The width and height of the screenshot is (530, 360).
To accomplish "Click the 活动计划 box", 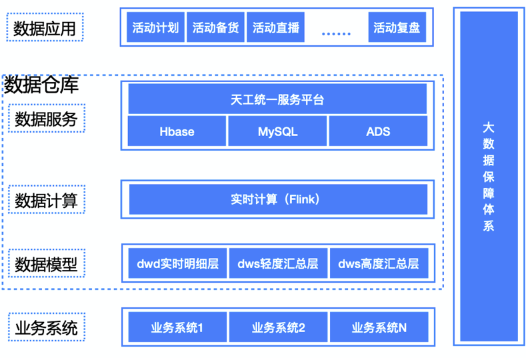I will [155, 28].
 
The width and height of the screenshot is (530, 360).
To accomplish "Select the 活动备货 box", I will [215, 28].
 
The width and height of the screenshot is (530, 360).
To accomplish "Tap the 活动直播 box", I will [275, 28].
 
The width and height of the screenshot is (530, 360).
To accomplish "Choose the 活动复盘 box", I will [396, 28].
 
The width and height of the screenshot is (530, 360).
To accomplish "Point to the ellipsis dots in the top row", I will [335, 31].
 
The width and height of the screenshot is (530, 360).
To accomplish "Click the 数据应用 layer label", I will [45, 29].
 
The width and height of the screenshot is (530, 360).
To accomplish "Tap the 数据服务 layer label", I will [47, 119].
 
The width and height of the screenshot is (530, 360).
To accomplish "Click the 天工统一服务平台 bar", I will [277, 100].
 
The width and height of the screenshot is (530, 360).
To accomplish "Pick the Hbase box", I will [177, 131].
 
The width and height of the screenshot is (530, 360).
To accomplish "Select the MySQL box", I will [277, 131].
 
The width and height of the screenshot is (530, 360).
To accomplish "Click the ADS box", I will [378, 131].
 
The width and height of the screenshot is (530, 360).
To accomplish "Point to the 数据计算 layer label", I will [47, 200].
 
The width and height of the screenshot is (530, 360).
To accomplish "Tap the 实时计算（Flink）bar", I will [277, 199].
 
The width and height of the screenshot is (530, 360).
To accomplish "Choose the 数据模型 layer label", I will [47, 264].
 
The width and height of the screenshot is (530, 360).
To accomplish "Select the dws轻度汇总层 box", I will [277, 264].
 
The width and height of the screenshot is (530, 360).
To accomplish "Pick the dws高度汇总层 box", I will [378, 264].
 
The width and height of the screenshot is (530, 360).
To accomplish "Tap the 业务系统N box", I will [378, 327].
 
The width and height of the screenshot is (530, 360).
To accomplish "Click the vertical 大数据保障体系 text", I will [489, 176].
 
